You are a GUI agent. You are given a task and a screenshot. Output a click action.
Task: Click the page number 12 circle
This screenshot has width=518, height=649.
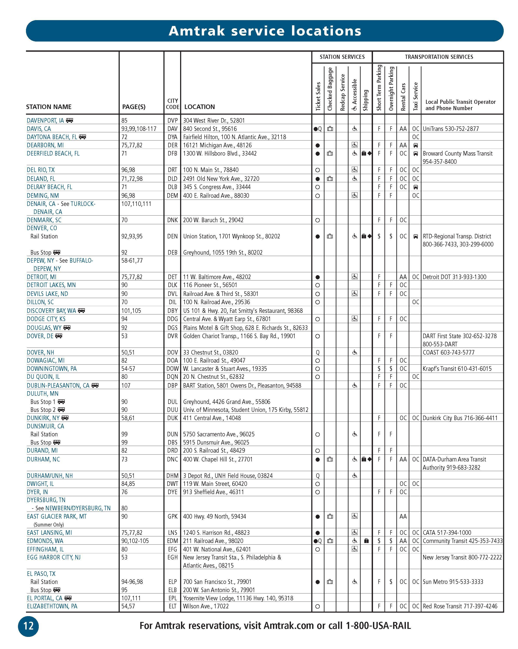[x=28, y=626]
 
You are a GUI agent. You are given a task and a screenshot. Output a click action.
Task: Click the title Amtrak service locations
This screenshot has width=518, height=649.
[x=265, y=31]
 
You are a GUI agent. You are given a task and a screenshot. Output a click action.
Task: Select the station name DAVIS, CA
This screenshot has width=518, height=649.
[x=39, y=129]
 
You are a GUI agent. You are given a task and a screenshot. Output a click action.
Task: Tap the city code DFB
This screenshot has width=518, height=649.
[x=172, y=154]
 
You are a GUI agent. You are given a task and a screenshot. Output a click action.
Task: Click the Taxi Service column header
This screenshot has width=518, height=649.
[x=415, y=96]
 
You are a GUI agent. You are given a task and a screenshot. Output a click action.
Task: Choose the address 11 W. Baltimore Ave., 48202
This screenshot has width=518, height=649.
[x=217, y=277]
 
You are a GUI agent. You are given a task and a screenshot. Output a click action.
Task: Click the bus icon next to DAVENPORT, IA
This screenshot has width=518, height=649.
[x=69, y=120]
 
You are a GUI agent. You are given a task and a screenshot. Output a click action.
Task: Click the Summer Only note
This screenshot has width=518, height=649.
[x=49, y=525]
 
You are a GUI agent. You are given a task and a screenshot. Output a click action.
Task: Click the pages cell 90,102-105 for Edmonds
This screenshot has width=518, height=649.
[x=135, y=541]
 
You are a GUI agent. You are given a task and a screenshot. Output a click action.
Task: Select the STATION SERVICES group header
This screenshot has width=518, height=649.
[x=342, y=57]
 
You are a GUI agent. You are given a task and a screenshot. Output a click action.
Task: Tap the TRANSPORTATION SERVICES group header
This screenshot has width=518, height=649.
[x=439, y=57]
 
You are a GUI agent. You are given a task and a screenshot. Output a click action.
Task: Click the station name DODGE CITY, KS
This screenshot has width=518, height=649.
[x=46, y=319]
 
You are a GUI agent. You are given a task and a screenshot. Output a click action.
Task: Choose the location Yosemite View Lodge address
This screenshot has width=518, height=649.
[x=238, y=598]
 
